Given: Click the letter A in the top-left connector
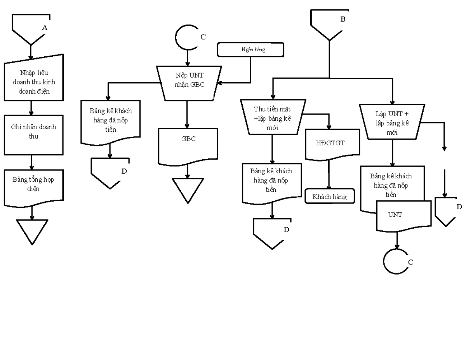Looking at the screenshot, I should (x=45, y=28).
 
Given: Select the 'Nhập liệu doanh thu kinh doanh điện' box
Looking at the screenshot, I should (x=34, y=78).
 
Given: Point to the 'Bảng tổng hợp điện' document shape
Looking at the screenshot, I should (x=33, y=186).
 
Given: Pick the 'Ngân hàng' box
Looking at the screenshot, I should (x=251, y=50).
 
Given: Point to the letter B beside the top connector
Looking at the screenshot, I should (x=343, y=19).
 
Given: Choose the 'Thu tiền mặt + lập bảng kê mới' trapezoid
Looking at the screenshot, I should (x=272, y=117).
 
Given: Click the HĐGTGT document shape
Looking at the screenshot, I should (x=330, y=144).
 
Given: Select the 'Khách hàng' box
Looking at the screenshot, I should (x=330, y=197).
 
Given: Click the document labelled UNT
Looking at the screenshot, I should (x=404, y=215).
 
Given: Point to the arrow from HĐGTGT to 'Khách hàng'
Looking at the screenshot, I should (x=329, y=175).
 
